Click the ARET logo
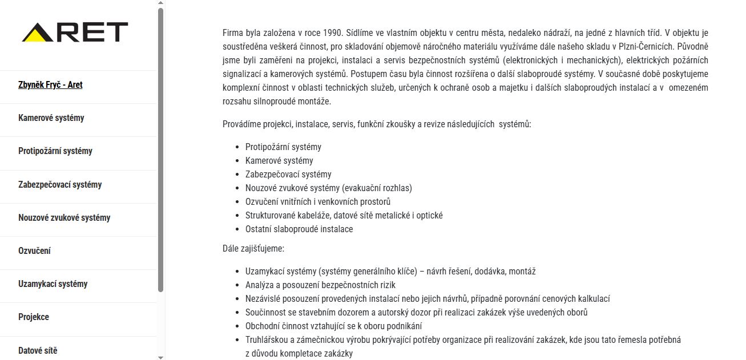click(x=75, y=33)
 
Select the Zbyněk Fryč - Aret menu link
click(x=50, y=85)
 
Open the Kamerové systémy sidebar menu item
click(x=51, y=118)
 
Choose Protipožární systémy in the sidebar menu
click(x=55, y=151)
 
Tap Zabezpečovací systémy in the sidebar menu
click(x=60, y=185)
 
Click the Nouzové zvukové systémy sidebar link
click(x=64, y=218)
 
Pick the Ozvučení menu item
click(x=34, y=251)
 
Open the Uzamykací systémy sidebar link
click(x=53, y=284)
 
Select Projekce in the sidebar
click(x=34, y=317)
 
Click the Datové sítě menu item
click(x=38, y=350)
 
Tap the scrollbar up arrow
click(x=160, y=3)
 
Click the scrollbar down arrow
click(x=160, y=357)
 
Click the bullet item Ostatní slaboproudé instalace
click(x=299, y=229)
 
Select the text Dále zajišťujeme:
click(x=253, y=249)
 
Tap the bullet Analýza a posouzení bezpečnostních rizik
click(x=320, y=285)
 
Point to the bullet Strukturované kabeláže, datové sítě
click(x=344, y=216)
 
